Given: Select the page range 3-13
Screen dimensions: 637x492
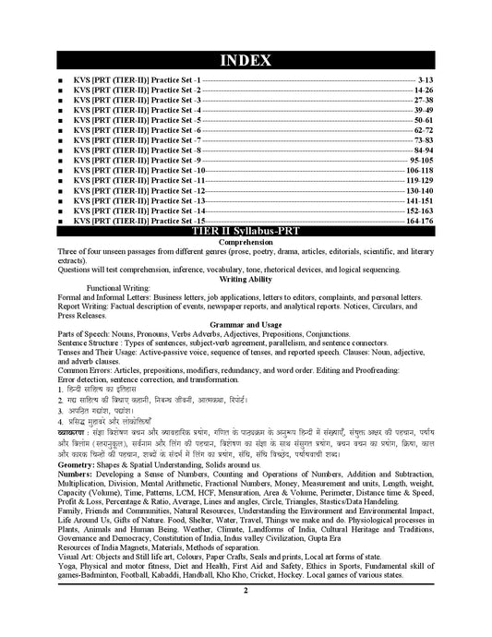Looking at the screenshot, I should tap(425, 81).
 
